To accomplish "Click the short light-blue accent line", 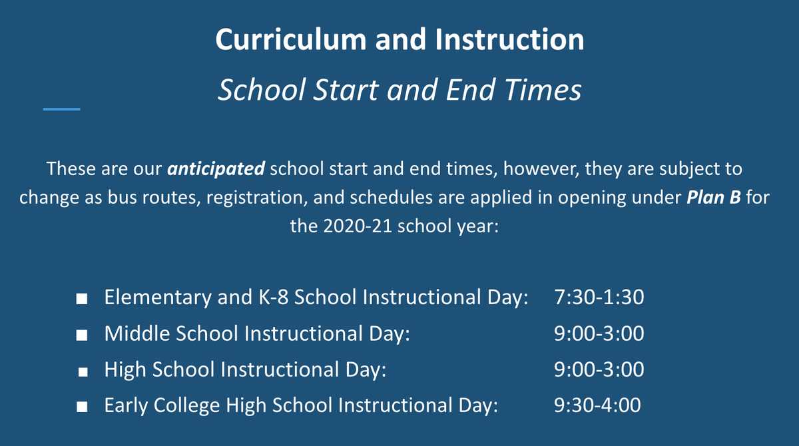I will pos(61,109).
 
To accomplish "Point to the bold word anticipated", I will pos(216,169).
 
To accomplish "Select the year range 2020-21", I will pos(354,226).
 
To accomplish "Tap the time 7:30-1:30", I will pos(599,297).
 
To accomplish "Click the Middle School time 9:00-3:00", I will pos(599,333).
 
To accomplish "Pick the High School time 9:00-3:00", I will pos(599,369).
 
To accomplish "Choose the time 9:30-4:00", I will pos(597,405).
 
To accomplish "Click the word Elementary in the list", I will pos(158,297).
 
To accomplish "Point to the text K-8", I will pos(268,297).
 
